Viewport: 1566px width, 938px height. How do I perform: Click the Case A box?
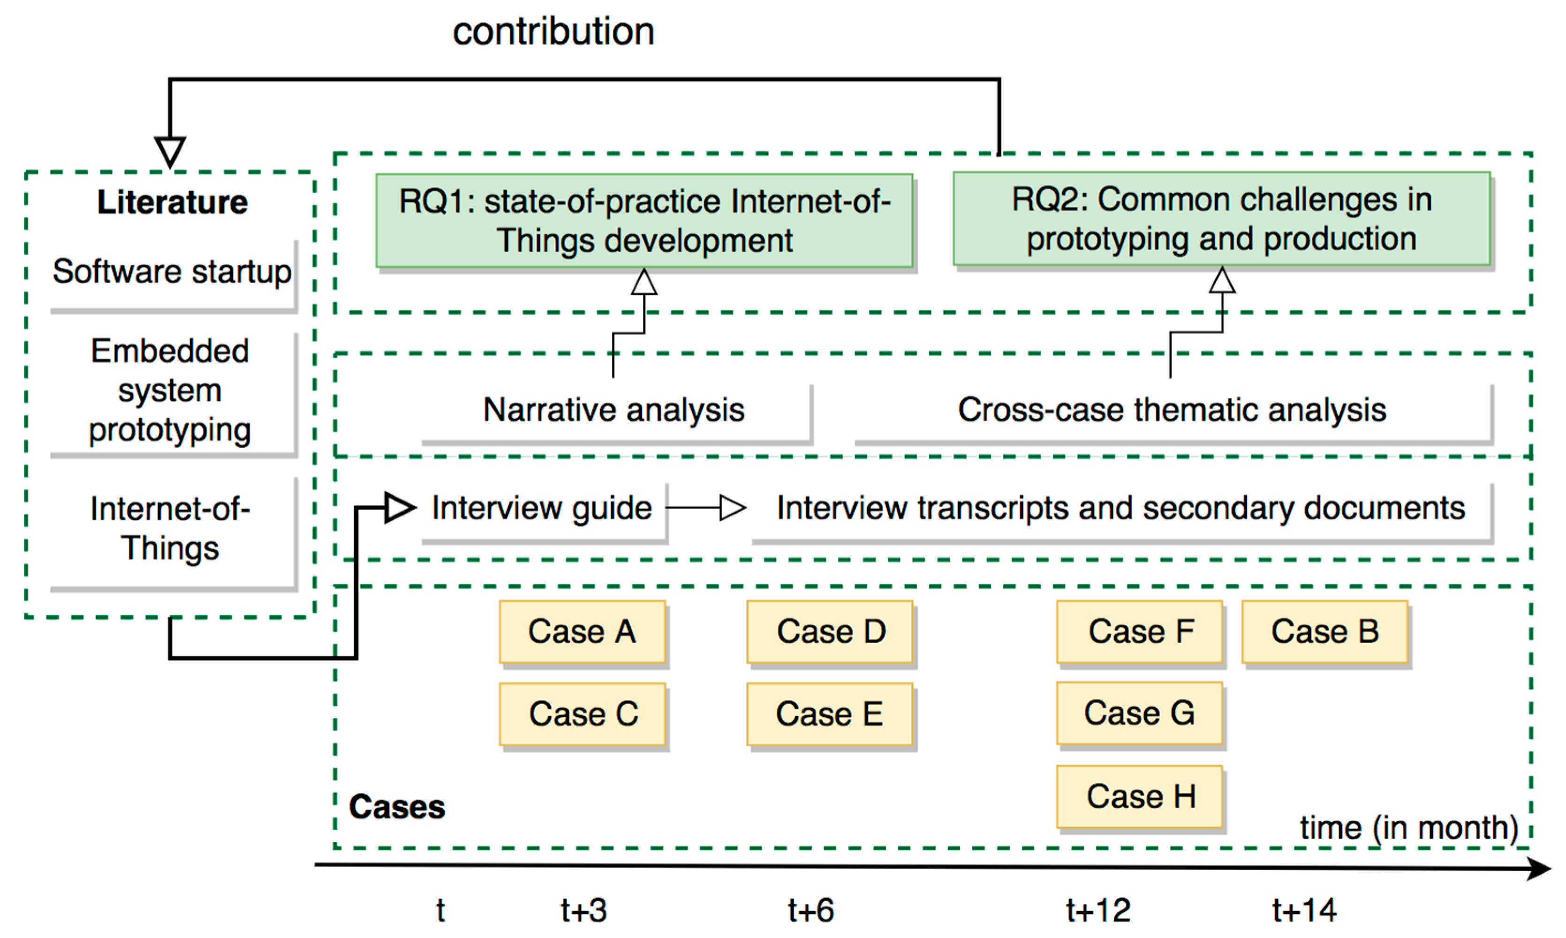(x=582, y=631)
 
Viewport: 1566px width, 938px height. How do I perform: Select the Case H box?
(x=1139, y=796)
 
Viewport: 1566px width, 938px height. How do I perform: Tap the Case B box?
(x=1324, y=631)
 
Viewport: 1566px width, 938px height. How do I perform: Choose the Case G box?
(x=1139, y=713)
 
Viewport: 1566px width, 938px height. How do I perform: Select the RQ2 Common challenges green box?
(x=1221, y=219)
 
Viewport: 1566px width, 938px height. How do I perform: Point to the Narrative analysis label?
(x=614, y=410)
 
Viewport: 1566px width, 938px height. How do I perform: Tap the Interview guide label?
(x=541, y=508)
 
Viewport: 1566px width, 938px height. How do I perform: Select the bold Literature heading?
(x=172, y=202)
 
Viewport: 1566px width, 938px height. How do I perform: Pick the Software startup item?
(x=172, y=272)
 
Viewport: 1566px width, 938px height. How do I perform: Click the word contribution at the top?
(x=553, y=31)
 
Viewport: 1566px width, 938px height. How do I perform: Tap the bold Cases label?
(x=397, y=807)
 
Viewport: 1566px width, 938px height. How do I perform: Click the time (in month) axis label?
(x=1408, y=827)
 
